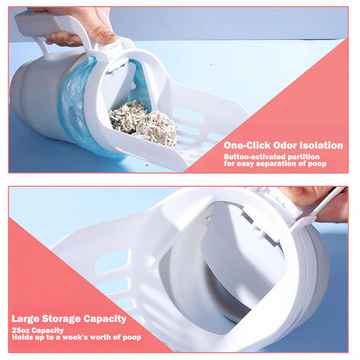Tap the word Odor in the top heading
click(x=284, y=145)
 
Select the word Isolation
click(x=324, y=145)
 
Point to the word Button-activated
click(x=253, y=157)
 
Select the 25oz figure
click(x=21, y=329)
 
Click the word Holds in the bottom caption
click(x=22, y=337)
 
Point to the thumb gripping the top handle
click(x=100, y=33)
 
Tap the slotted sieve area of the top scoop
click(x=199, y=121)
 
